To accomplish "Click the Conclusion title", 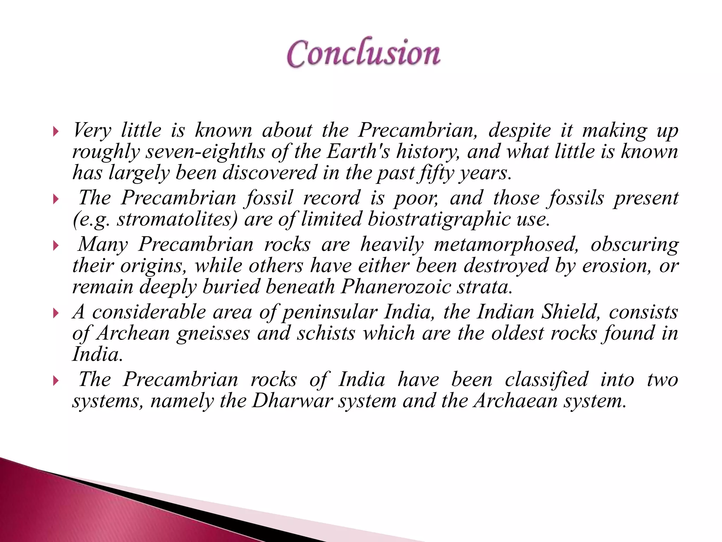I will click(x=363, y=54).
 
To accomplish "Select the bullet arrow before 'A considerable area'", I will click(x=55, y=313).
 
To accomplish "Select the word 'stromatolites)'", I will click(x=178, y=219).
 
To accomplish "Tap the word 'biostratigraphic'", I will click(x=439, y=219).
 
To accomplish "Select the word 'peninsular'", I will click(x=330, y=313).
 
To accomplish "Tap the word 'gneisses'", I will click(x=213, y=334).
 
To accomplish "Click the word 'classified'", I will click(x=546, y=380).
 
